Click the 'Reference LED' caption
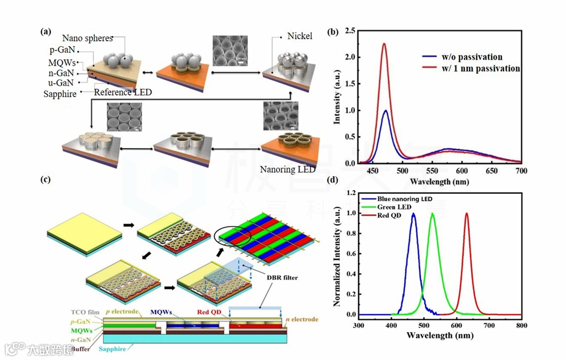pos(123,92)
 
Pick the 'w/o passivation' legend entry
pos(469,57)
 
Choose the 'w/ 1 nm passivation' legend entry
pos(478,68)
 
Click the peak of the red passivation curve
pos(384,44)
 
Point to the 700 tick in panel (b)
pos(521,171)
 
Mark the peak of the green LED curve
pos(433,214)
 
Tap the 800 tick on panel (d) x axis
pos(522,325)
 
